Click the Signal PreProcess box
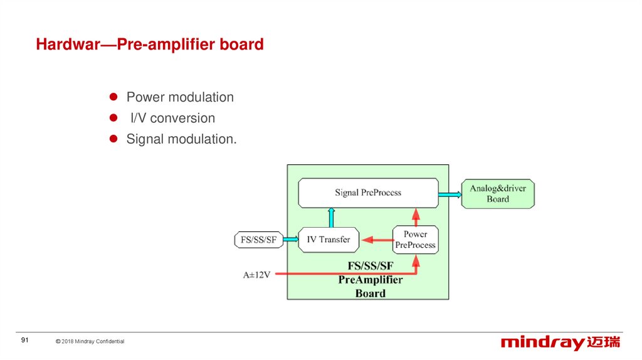tap(367, 193)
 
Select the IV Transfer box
tap(329, 240)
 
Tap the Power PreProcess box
tap(415, 240)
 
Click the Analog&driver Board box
tap(498, 193)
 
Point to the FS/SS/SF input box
tap(258, 240)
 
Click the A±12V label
tap(257, 274)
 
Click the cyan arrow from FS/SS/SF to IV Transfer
tap(290, 240)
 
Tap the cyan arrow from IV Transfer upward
tap(331, 218)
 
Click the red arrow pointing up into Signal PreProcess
tap(416, 216)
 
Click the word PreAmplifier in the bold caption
tap(370, 280)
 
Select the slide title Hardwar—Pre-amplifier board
tap(150, 45)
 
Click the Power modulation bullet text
tap(180, 97)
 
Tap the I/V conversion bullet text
tap(172, 118)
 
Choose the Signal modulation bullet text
tap(182, 139)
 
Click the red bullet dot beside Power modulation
tap(114, 97)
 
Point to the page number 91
tap(25, 340)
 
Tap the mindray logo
tap(560, 342)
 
